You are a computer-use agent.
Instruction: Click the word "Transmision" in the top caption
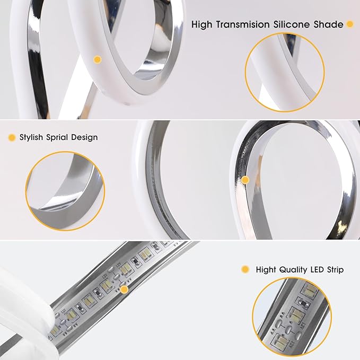(243, 24)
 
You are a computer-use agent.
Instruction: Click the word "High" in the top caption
(202, 25)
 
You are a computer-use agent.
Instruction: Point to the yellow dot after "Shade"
(350, 24)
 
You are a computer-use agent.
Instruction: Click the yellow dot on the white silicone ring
(98, 60)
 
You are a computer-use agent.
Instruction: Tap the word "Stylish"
(31, 137)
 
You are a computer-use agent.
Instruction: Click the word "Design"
(84, 137)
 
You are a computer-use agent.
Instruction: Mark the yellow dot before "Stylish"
(12, 137)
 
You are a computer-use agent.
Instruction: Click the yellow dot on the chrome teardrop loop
(245, 180)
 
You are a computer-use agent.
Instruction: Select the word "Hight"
(266, 269)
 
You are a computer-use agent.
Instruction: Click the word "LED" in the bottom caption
(317, 269)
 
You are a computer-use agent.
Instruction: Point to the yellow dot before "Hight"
(245, 269)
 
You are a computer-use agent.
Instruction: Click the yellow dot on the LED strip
(125, 289)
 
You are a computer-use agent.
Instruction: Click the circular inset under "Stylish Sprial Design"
(65, 191)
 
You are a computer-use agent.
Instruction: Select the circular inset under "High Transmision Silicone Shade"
(285, 72)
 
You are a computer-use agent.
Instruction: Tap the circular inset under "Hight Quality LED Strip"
(292, 317)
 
